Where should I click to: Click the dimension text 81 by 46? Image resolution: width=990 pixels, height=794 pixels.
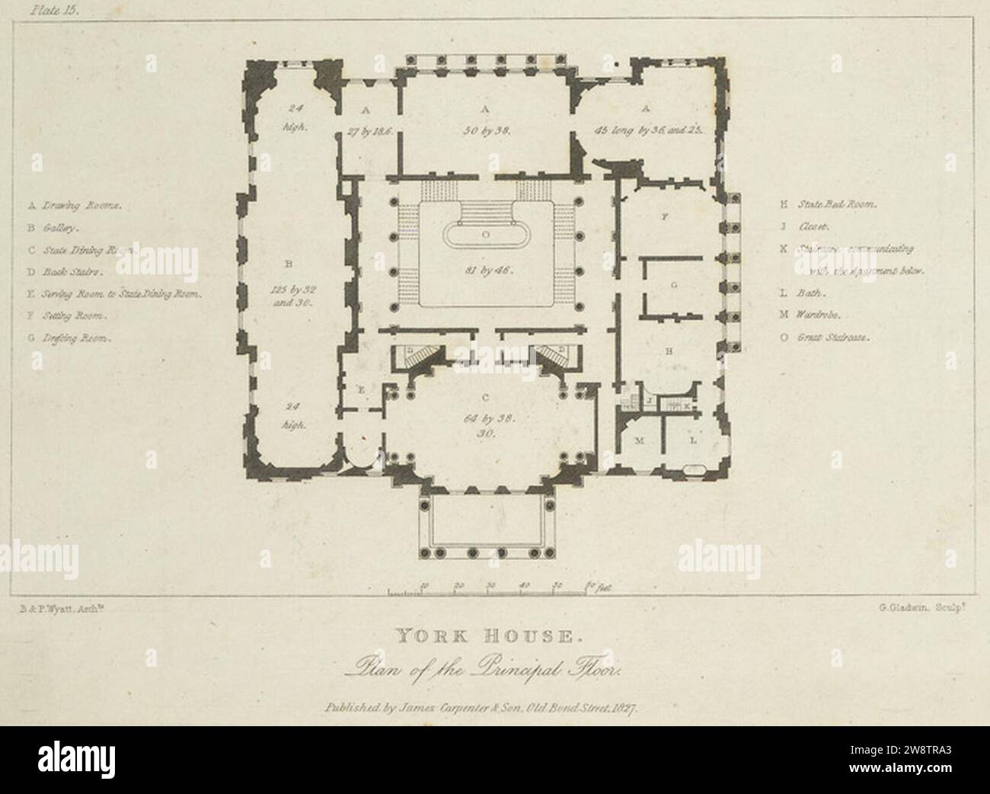point(485,270)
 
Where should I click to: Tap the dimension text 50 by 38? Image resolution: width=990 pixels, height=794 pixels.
point(485,131)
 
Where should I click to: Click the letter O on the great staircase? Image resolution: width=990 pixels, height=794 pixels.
point(485,235)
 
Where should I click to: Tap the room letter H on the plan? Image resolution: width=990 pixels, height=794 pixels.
point(669,351)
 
